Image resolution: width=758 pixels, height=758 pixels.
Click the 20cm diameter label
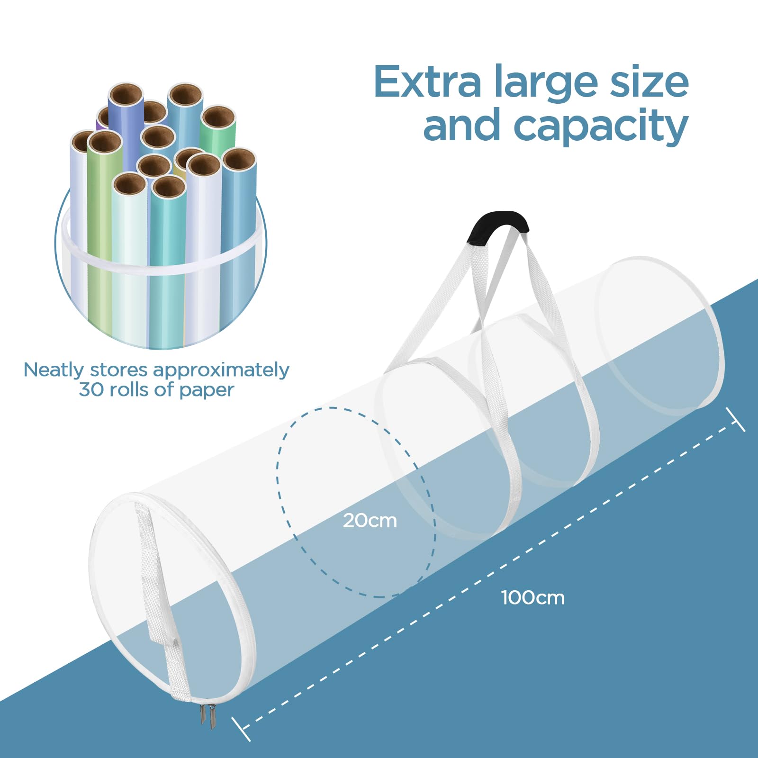click(370, 521)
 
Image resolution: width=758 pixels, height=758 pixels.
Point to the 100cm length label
click(532, 597)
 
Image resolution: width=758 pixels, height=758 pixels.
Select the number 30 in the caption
click(90, 390)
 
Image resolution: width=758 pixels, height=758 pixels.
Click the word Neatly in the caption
click(54, 370)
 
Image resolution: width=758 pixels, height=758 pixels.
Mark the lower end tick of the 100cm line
click(241, 729)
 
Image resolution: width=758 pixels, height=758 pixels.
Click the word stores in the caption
click(117, 370)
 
